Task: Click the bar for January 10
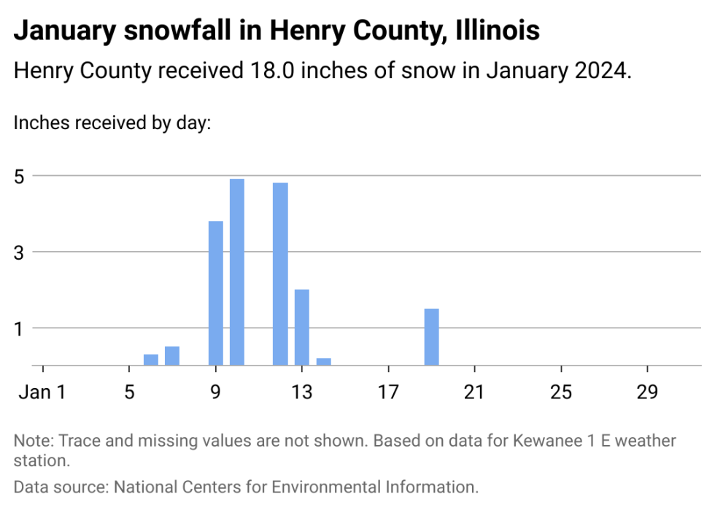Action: tap(237, 271)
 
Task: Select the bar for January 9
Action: tap(216, 293)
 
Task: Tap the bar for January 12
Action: tap(280, 274)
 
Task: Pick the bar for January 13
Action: tap(302, 327)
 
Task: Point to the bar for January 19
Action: tap(432, 336)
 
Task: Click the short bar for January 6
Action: tap(151, 359)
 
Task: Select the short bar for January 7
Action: tap(172, 355)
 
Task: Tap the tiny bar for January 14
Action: tap(324, 361)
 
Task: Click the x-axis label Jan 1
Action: tap(42, 393)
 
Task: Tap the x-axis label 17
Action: tap(388, 393)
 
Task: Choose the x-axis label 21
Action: tap(475, 393)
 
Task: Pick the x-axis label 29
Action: tap(648, 393)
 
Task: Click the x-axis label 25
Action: tap(561, 393)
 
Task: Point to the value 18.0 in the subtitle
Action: tap(267, 72)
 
